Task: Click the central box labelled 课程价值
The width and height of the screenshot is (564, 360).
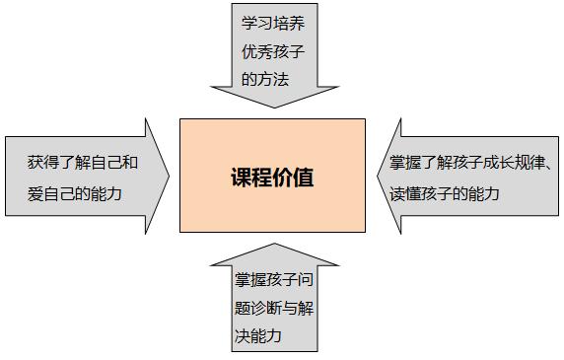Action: (x=272, y=176)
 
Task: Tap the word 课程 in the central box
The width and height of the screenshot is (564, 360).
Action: (x=250, y=179)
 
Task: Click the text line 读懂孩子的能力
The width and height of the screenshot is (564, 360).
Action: (x=444, y=194)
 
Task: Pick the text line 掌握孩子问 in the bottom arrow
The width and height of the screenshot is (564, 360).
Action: (x=270, y=279)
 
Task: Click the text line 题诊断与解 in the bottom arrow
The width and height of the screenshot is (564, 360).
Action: (x=270, y=307)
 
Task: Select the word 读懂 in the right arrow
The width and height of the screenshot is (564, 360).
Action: (x=402, y=194)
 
